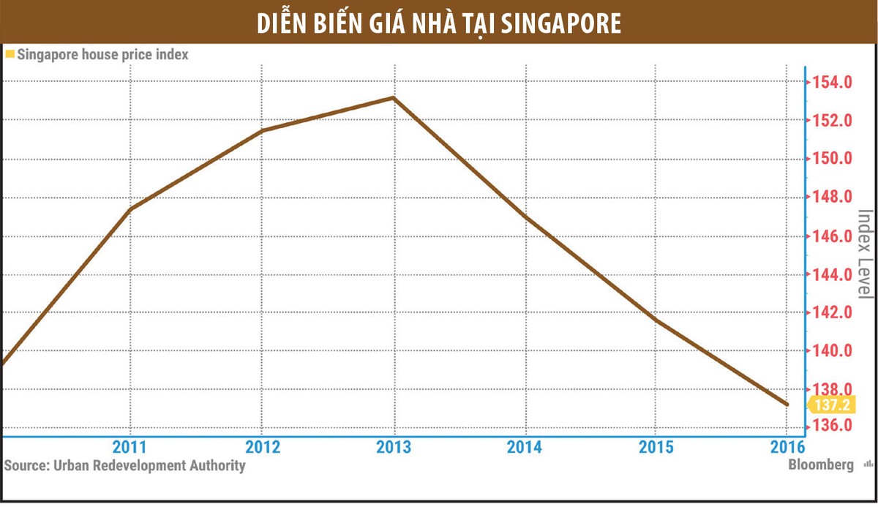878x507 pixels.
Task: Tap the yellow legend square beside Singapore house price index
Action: [x=10, y=54]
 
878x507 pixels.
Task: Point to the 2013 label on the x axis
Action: [x=394, y=447]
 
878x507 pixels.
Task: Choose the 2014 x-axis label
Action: [x=524, y=447]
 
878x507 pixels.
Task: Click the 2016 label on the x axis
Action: [x=786, y=447]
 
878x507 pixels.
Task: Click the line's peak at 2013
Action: [x=394, y=97]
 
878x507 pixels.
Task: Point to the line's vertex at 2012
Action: [x=262, y=131]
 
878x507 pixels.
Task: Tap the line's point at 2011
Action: [x=130, y=210]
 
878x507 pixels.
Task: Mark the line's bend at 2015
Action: [x=656, y=320]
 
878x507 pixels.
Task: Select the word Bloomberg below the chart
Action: [x=821, y=465]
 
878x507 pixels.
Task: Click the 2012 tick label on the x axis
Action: [x=262, y=447]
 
